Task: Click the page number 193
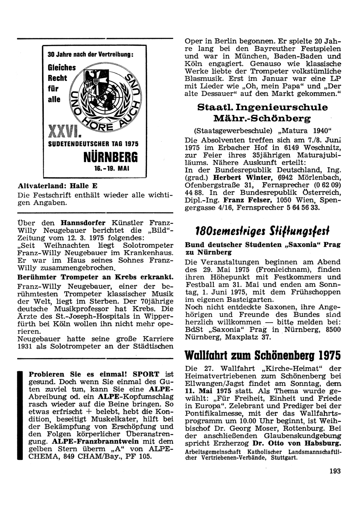(334, 470)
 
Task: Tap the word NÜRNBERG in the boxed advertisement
(111, 157)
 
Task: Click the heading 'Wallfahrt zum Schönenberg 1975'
(262, 355)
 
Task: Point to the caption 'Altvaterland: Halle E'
(58, 185)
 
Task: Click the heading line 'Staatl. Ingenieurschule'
(262, 107)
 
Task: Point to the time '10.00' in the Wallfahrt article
(242, 421)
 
